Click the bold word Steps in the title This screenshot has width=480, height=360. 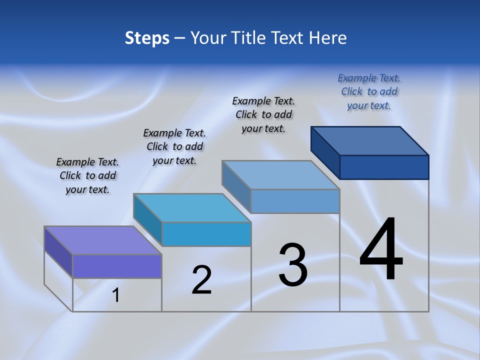[147, 38]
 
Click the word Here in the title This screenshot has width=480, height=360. [328, 38]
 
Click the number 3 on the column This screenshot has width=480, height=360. [293, 265]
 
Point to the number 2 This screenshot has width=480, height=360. [201, 280]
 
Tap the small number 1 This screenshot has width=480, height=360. [116, 295]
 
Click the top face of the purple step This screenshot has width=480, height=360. [102, 240]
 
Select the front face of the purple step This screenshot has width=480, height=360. [117, 266]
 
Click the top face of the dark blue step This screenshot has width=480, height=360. [370, 140]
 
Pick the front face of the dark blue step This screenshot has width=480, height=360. [384, 167]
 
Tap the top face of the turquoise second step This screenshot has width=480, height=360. [192, 207]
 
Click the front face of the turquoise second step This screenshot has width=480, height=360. [206, 234]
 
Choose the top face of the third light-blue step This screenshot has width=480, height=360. [281, 175]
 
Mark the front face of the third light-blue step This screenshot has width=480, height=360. [295, 201]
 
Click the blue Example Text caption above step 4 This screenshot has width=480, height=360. [369, 91]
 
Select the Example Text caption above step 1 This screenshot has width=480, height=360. [87, 175]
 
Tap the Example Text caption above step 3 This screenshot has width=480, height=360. [263, 114]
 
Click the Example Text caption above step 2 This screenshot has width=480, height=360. [174, 146]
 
